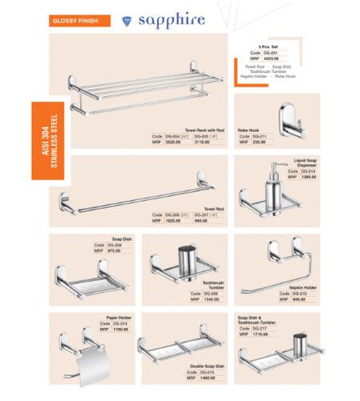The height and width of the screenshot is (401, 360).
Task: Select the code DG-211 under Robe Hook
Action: (x=259, y=136)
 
